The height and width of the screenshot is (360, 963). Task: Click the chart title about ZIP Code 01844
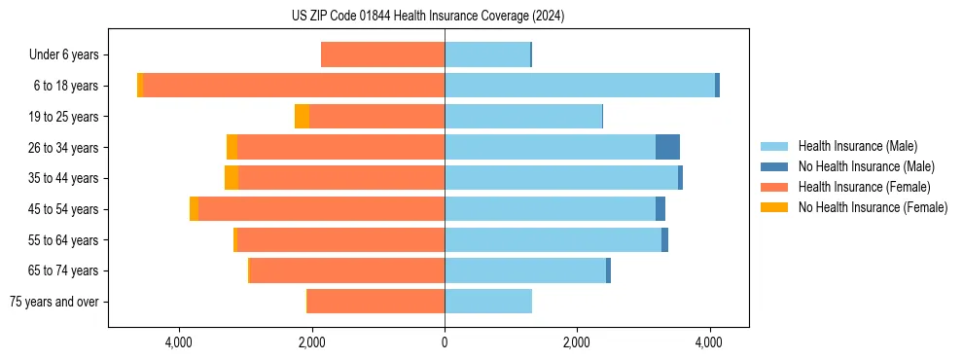tap(427, 16)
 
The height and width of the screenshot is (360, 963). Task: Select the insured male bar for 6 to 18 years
tap(580, 86)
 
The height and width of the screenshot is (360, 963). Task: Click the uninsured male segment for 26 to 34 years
tap(667, 147)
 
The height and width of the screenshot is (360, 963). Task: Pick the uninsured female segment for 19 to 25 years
tap(302, 117)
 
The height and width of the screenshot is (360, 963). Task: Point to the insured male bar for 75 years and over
tap(488, 302)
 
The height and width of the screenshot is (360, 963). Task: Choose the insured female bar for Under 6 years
tap(382, 54)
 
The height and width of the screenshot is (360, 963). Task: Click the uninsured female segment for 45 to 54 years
tap(194, 209)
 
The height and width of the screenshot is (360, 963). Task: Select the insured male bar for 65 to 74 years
tap(525, 270)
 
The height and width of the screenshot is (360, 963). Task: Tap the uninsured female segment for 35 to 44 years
tap(232, 178)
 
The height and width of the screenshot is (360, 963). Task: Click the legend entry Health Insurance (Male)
tap(857, 146)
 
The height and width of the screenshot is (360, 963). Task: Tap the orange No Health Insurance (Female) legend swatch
tap(774, 207)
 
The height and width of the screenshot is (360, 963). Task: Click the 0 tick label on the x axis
tap(445, 342)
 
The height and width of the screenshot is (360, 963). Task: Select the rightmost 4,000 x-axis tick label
tap(709, 342)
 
